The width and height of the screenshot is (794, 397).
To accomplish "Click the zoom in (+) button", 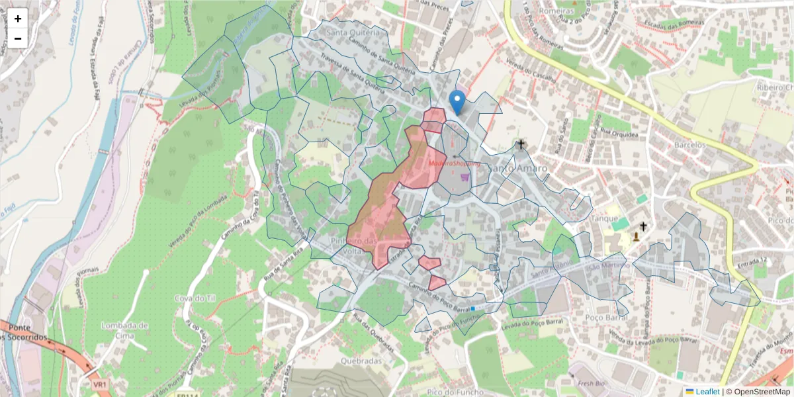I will click(x=18, y=19).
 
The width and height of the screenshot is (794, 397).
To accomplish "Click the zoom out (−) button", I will click(x=18, y=38).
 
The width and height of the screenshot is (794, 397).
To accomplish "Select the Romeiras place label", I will click(x=556, y=11).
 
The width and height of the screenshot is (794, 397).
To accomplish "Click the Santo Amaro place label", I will click(x=518, y=168).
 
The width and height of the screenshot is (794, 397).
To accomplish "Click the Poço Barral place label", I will click(x=607, y=317).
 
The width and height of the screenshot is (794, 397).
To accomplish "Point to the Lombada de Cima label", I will click(x=125, y=330).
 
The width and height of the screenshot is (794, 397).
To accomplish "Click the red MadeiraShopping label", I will click(x=453, y=163).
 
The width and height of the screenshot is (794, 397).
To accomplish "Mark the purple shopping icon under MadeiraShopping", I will click(x=465, y=177).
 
